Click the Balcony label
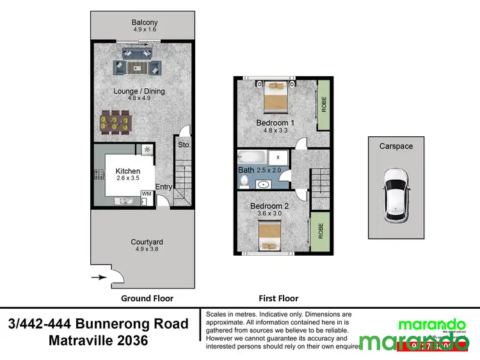coord(145,22)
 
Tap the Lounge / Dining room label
coord(139,91)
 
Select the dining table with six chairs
coord(116,121)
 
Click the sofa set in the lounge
coord(138,66)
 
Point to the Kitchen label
coord(127,171)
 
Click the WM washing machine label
coord(146,194)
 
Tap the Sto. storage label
coord(184,145)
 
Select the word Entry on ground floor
coord(163,187)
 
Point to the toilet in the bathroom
coord(244,182)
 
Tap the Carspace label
coord(395,146)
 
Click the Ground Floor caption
coord(147,299)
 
